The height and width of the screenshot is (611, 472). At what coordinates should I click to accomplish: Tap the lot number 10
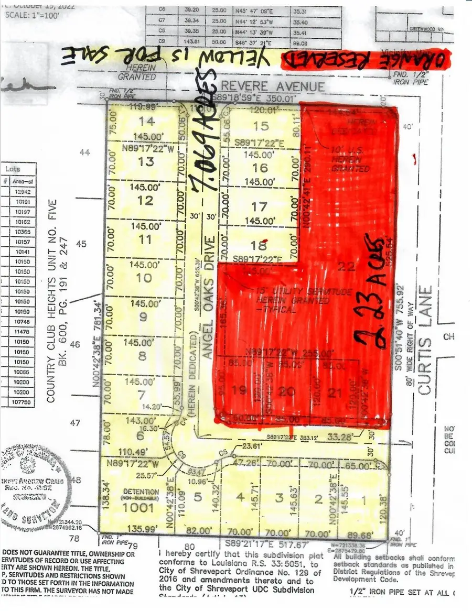pos(144,278)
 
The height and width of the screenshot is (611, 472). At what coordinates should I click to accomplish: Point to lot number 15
pos(261,126)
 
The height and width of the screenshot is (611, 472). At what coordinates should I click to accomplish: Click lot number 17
pos(259,206)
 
